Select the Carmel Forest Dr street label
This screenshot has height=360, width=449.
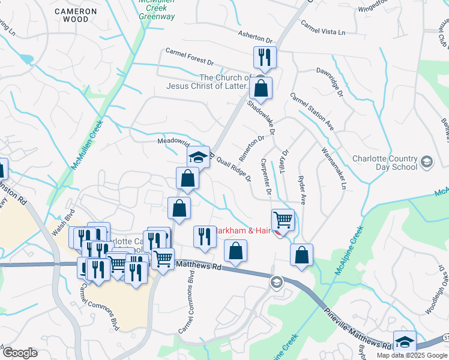click(x=190, y=57)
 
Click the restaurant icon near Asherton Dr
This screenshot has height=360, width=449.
click(x=265, y=58)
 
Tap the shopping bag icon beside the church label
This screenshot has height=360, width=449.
click(x=261, y=89)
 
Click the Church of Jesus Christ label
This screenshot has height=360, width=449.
click(x=225, y=82)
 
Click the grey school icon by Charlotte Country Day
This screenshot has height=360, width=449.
click(x=426, y=162)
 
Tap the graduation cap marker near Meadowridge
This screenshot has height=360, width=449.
click(x=198, y=158)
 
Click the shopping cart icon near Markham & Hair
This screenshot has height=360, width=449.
click(x=283, y=220)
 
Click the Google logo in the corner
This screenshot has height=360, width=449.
click(x=20, y=353)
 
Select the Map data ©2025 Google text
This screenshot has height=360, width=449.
click(x=412, y=355)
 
